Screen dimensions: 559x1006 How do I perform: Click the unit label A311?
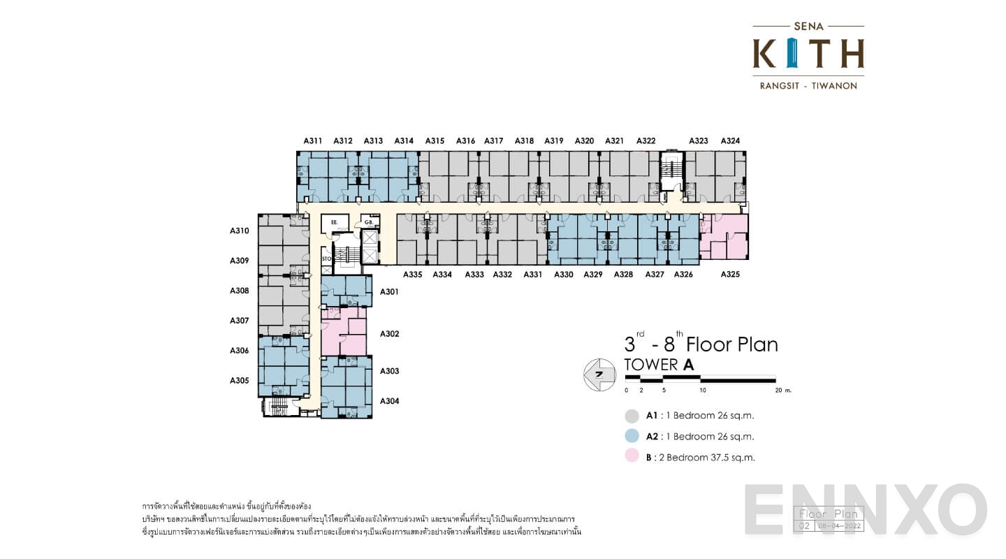313,141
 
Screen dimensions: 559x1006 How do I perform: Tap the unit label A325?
730,275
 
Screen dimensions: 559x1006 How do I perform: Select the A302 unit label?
389,334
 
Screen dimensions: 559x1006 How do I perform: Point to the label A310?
240,231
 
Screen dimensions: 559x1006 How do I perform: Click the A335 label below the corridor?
412,275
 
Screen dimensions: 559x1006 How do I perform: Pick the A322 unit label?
646,141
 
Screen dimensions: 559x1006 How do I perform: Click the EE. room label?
335,222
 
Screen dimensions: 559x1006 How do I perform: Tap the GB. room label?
368,222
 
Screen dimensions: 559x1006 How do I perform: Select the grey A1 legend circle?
632,416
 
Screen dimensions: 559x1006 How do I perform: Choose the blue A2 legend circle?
632,437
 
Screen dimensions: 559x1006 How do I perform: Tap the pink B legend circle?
632,458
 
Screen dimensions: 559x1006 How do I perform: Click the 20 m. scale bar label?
782,391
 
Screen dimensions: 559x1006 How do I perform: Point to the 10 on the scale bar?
703,391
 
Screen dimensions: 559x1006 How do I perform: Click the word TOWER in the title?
650,365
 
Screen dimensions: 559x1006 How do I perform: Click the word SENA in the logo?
808,27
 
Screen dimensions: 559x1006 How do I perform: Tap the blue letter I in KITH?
792,54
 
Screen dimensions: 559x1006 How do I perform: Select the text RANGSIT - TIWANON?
808,86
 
